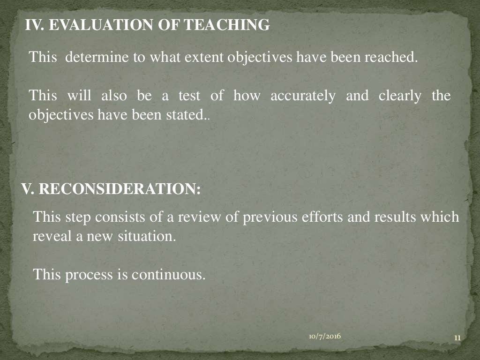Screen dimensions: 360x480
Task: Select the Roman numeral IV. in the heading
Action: pyautogui.click(x=35, y=25)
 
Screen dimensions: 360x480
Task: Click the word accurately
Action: pyautogui.click(x=303, y=96)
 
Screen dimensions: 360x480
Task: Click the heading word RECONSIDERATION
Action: pyautogui.click(x=120, y=189)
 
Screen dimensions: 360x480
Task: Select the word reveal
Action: pyautogui.click(x=50, y=236)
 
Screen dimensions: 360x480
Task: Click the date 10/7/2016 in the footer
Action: pyautogui.click(x=325, y=337)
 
